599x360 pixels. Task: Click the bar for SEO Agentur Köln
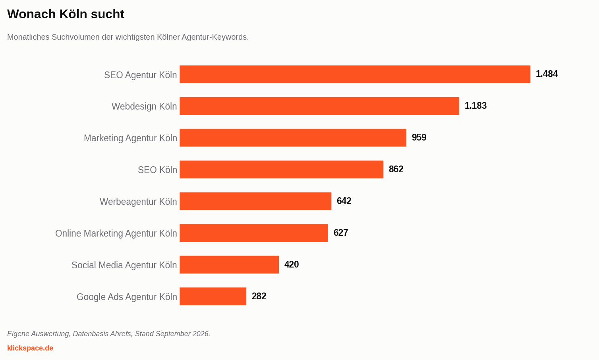(x=355, y=74)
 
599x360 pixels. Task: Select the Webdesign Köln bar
(x=319, y=106)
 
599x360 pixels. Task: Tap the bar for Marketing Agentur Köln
(x=293, y=138)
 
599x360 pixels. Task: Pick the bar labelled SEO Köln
(x=281, y=169)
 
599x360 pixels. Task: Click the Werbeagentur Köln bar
(x=255, y=201)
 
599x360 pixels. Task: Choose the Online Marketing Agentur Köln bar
(x=253, y=233)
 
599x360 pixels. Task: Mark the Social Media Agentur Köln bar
(x=229, y=265)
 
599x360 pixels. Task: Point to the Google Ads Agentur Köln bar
(x=213, y=296)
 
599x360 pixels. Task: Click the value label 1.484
(x=547, y=74)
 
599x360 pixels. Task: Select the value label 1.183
(x=475, y=106)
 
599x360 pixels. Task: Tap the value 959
(x=419, y=137)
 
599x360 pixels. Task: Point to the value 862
(x=396, y=169)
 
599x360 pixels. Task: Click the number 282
(x=259, y=296)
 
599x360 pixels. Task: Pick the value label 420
(x=292, y=264)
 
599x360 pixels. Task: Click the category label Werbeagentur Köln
(x=138, y=202)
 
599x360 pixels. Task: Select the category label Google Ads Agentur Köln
(x=127, y=297)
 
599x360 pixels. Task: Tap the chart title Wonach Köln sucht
(x=66, y=14)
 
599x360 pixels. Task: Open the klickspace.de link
(x=30, y=348)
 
